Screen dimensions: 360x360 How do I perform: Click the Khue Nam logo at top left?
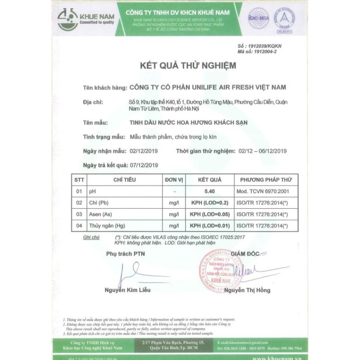click(x=85, y=19)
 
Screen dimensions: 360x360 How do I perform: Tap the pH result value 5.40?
click(x=210, y=191)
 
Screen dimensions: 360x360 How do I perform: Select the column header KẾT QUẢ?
click(x=210, y=180)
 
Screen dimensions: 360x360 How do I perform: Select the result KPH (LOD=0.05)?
click(x=210, y=214)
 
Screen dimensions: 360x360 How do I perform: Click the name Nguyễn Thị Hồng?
click(x=247, y=290)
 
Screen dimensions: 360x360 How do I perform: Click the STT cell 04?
click(x=79, y=225)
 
